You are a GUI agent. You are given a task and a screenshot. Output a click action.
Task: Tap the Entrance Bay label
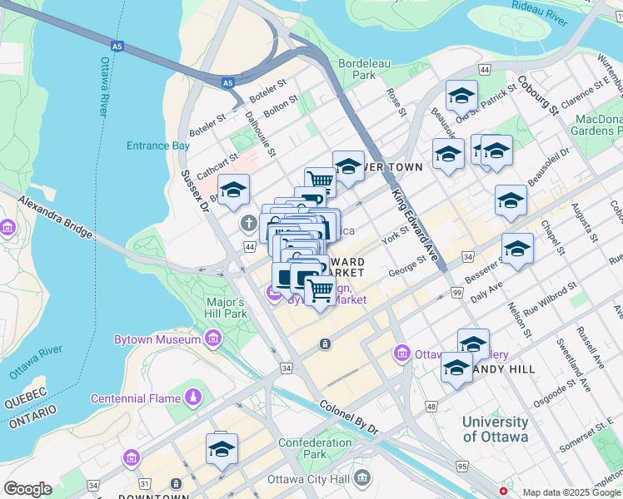158,146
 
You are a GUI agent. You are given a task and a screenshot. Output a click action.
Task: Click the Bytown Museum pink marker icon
212,339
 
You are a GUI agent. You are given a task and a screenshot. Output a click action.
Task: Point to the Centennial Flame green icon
194,398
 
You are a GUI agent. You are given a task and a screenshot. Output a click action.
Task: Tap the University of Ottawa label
495,429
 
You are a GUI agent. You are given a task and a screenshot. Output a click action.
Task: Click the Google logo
27,489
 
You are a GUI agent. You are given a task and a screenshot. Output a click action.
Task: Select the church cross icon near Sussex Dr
247,223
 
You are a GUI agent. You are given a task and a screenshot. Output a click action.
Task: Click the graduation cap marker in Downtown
222,450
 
